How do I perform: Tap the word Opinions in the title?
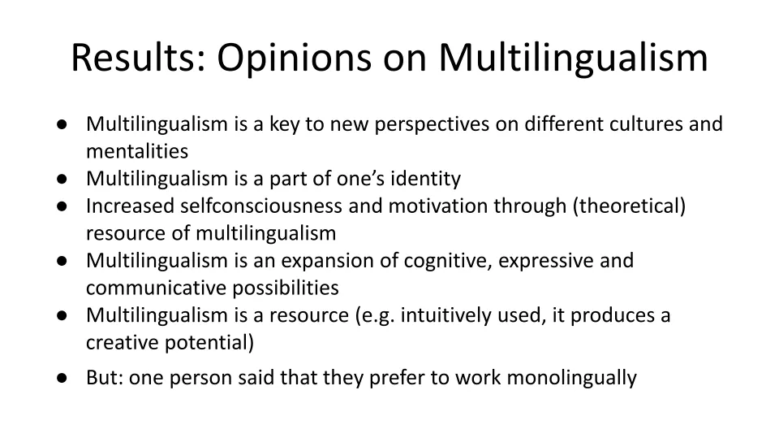coord(294,59)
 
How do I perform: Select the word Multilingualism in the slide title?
coord(573,59)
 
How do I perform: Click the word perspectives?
coord(432,125)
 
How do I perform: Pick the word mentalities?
coord(137,151)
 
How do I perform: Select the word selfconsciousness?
coord(261,206)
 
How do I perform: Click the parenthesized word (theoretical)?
coord(629,206)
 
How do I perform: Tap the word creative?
coord(123,342)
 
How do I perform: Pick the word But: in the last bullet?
coord(105,377)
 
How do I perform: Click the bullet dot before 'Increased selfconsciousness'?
coord(62,206)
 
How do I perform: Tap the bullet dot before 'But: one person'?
coord(62,379)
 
